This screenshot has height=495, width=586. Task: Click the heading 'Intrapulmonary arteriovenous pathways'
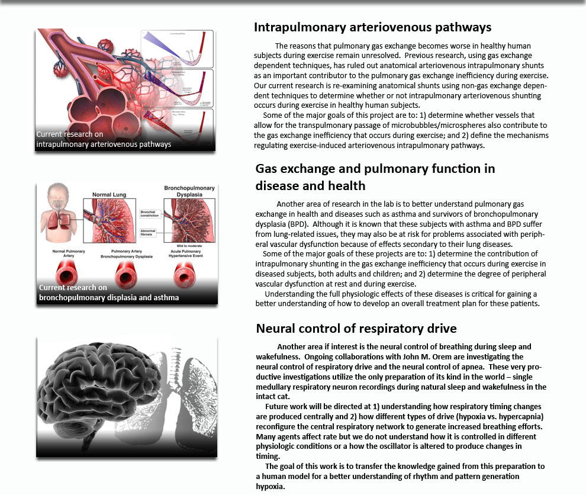click(372, 27)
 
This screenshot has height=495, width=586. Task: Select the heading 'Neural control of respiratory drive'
click(356, 329)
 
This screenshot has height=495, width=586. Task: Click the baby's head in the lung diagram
click(54, 196)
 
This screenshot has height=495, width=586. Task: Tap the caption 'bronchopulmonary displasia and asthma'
click(108, 297)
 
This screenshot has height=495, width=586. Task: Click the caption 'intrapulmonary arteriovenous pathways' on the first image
click(104, 144)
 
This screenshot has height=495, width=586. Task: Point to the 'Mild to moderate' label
click(185, 243)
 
